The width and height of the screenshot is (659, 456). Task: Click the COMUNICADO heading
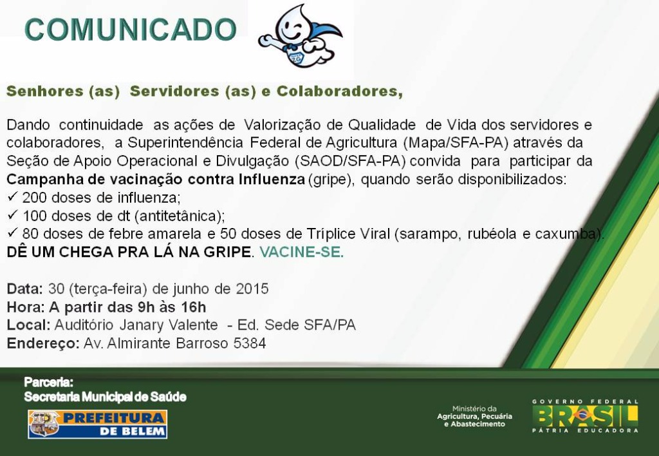coord(131,30)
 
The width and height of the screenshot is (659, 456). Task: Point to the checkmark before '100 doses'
coord(12,215)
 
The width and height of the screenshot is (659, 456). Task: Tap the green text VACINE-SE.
coord(301,252)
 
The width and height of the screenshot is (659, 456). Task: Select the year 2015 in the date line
coord(252,289)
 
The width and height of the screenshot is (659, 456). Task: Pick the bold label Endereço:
coord(43,343)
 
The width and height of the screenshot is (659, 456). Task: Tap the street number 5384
coord(250,343)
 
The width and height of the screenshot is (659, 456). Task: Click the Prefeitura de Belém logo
coord(98,424)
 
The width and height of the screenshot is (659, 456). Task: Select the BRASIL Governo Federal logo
coord(585,416)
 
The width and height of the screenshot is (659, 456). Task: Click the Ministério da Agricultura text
coord(474,416)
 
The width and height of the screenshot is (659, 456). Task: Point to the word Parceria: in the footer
coord(49,383)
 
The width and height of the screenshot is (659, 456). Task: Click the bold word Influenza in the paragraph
coord(272,179)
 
